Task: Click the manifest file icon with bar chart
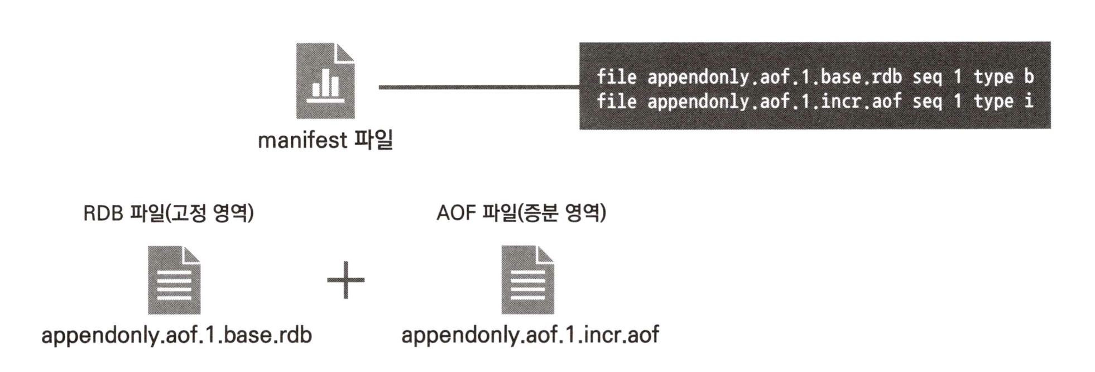pyautogui.click(x=325, y=80)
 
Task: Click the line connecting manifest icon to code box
pyautogui.click(x=478, y=87)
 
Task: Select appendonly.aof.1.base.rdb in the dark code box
pyautogui.click(x=774, y=77)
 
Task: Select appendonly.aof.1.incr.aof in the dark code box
pyautogui.click(x=774, y=101)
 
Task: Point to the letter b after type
pyautogui.click(x=1028, y=77)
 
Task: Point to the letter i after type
pyautogui.click(x=1028, y=101)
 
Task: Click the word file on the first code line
pyautogui.click(x=616, y=77)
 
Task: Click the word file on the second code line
pyautogui.click(x=616, y=101)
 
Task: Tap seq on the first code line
pyautogui.click(x=927, y=77)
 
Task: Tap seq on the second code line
pyautogui.click(x=927, y=101)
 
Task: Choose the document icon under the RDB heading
pyautogui.click(x=174, y=280)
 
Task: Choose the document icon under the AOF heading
pyautogui.click(x=527, y=280)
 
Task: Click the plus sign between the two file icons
pyautogui.click(x=346, y=280)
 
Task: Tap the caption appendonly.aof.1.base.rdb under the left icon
pyautogui.click(x=176, y=335)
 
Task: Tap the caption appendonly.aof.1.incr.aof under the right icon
pyautogui.click(x=530, y=335)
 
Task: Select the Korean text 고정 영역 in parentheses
pyautogui.click(x=210, y=213)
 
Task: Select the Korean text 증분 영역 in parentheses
pyautogui.click(x=563, y=213)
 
